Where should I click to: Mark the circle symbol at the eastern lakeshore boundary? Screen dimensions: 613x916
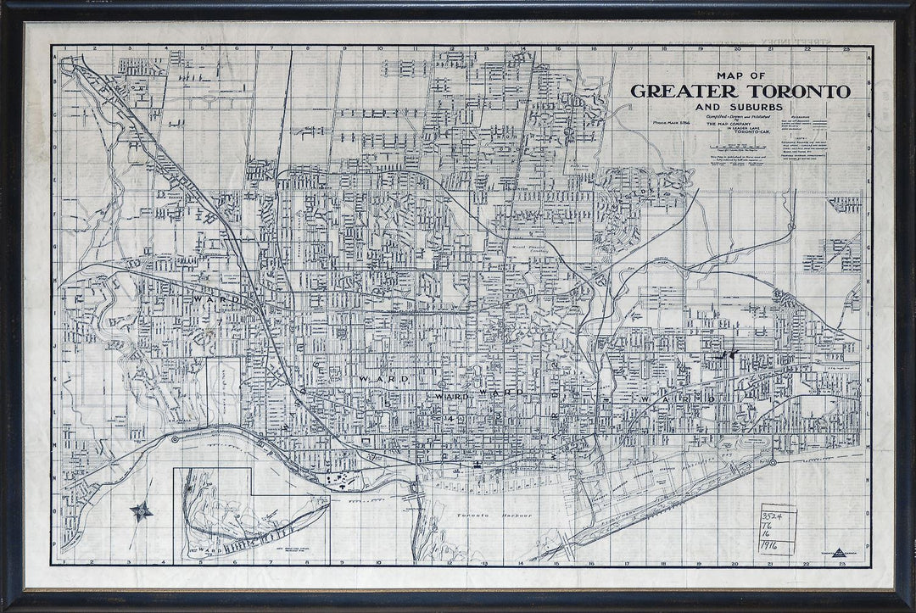tap(773, 462)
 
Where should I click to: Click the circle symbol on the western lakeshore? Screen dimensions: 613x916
tap(175, 439)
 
